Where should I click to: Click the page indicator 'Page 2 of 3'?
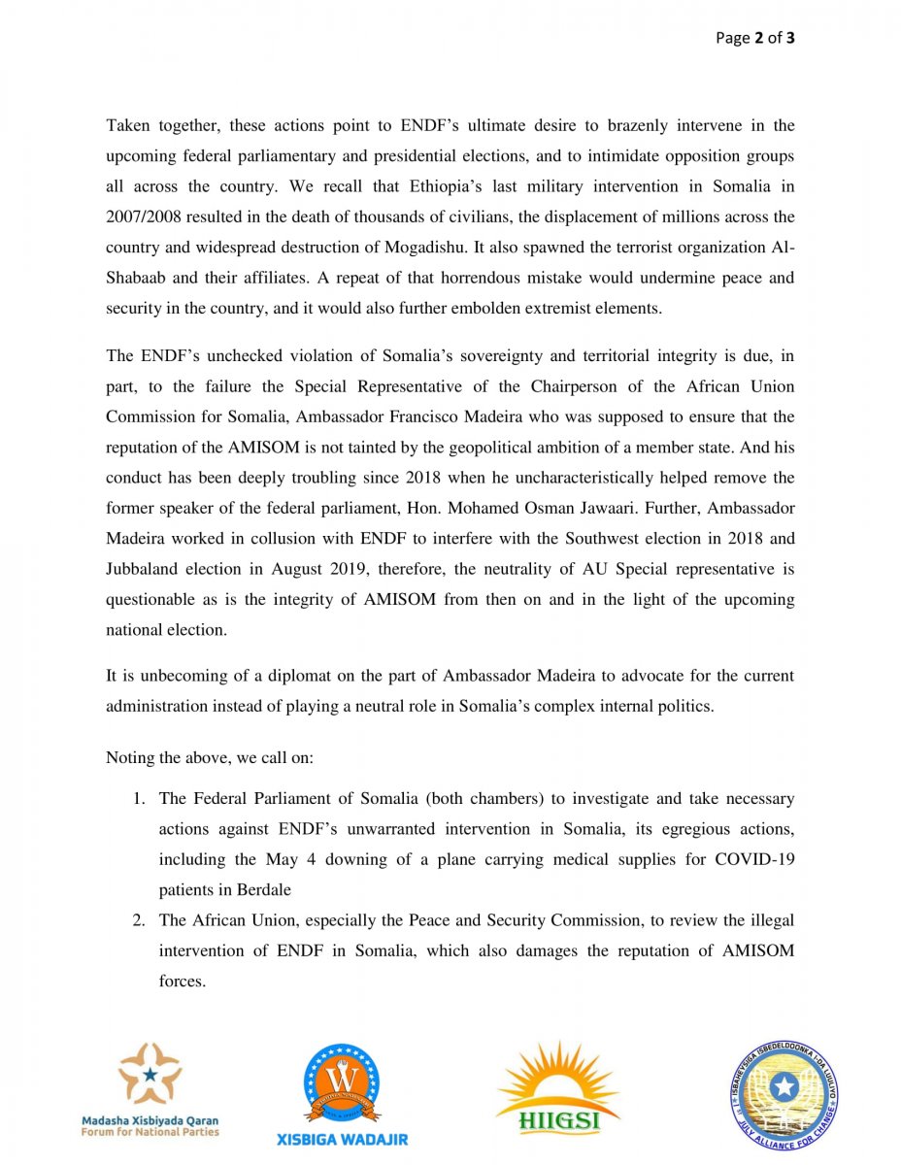755,39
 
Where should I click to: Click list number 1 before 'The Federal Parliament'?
139,799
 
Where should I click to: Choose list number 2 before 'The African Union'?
139,920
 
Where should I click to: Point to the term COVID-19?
754,859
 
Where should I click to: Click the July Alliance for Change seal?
784,1092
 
